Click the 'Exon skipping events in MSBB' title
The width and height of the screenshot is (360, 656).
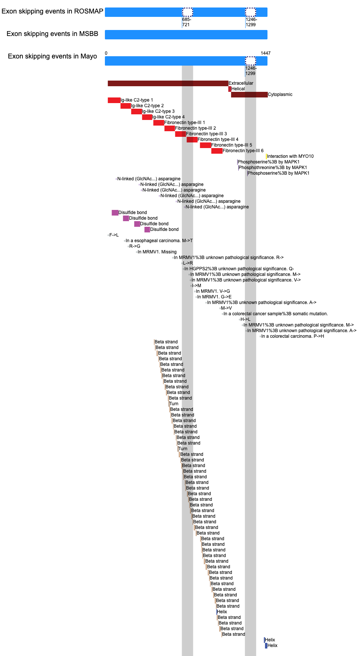[52, 34]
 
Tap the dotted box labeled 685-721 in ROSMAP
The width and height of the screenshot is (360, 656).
[187, 12]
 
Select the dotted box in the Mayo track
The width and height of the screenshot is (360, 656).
[251, 61]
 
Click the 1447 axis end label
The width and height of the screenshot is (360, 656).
[266, 53]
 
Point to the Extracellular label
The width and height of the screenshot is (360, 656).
[241, 83]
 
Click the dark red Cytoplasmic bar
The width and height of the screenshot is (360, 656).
[249, 94]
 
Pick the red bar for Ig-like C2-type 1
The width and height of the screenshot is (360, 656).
[114, 100]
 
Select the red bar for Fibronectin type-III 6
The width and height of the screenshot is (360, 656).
[217, 151]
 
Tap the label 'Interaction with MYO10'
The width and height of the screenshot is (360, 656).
[290, 156]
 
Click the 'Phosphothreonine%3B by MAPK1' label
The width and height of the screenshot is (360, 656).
[273, 168]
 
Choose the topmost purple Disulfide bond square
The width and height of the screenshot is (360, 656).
[115, 213]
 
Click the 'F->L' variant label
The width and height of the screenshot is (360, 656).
[114, 235]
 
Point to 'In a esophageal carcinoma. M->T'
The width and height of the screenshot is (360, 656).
[159, 241]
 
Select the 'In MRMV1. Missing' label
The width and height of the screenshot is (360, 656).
[157, 252]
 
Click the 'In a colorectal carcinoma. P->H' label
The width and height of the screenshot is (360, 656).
[293, 336]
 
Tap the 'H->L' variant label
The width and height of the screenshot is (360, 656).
[245, 319]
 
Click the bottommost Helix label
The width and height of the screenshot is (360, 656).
[272, 646]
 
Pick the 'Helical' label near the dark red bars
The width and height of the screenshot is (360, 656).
[238, 89]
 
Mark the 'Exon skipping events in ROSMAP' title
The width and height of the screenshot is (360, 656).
[52, 11]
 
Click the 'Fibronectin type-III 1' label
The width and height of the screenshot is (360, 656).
[184, 123]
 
